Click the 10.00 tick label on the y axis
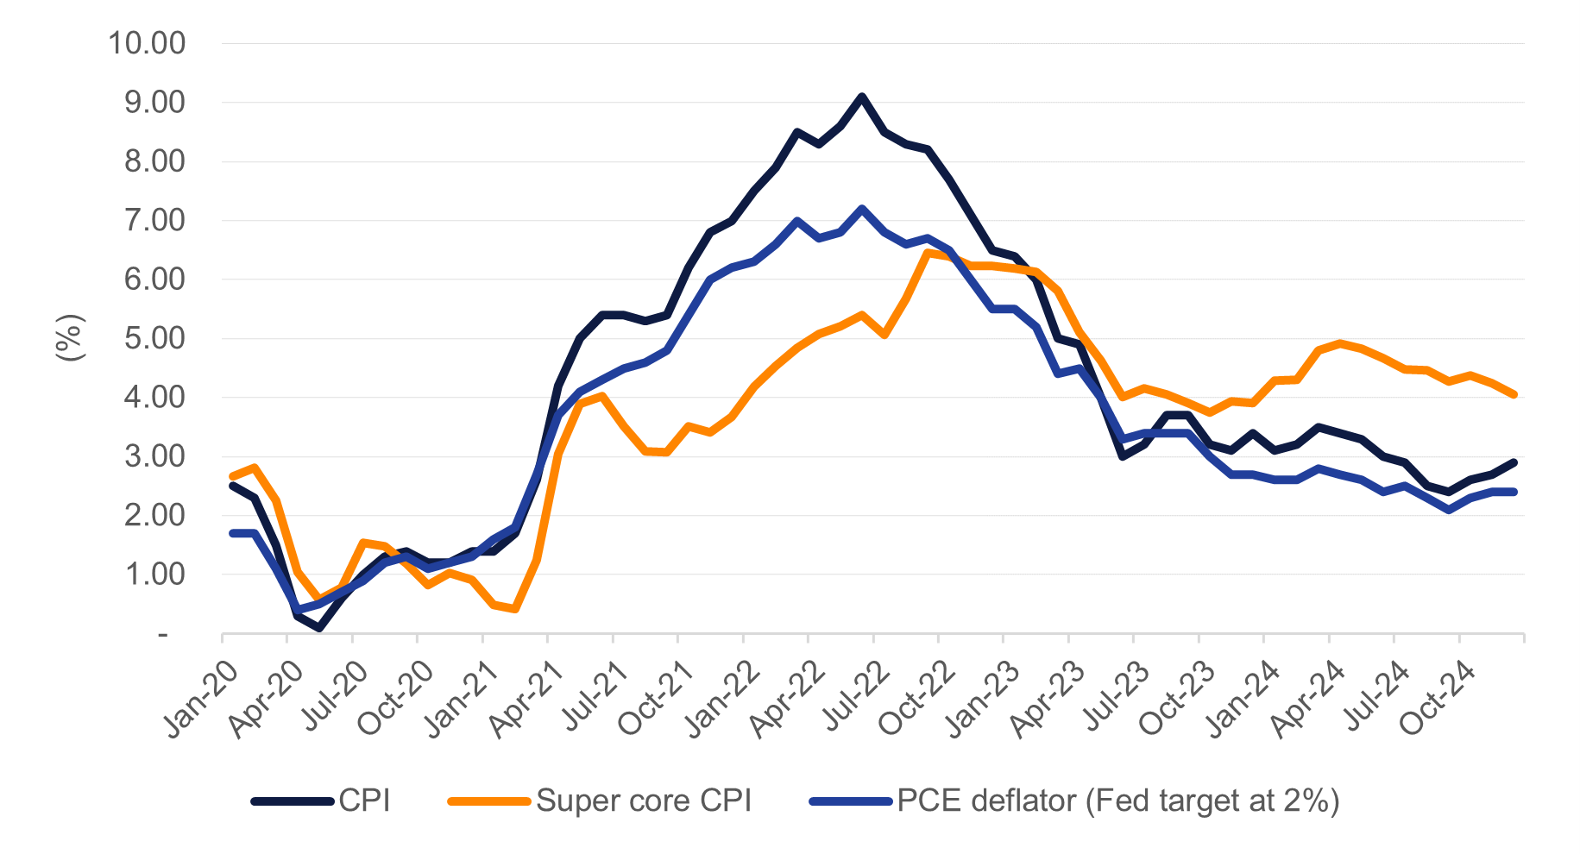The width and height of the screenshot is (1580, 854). click(x=147, y=43)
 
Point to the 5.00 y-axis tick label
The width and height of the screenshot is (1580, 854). click(x=155, y=338)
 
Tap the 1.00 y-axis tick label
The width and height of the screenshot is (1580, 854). click(x=155, y=575)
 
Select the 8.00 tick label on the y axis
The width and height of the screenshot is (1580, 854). click(x=155, y=161)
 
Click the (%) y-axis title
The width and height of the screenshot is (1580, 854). click(x=70, y=338)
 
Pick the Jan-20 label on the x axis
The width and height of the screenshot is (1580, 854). click(x=200, y=699)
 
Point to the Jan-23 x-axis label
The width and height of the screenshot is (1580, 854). click(x=984, y=699)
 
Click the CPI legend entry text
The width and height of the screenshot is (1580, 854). click(x=364, y=801)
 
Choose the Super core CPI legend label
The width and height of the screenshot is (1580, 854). click(x=644, y=801)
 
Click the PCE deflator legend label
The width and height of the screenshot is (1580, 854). click(x=1117, y=801)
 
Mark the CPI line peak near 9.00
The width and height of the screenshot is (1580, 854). click(x=861, y=97)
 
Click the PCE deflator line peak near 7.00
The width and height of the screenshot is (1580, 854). click(x=861, y=209)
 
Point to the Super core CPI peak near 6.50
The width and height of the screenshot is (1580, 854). click(x=928, y=252)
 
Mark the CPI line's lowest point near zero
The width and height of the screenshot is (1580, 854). click(x=319, y=629)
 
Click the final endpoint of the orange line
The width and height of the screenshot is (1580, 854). click(x=1514, y=394)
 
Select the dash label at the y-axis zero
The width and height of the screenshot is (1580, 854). click(x=162, y=635)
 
